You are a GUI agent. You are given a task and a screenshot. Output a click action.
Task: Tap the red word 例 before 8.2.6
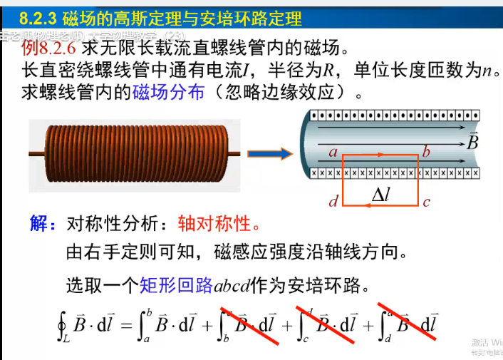point(29,48)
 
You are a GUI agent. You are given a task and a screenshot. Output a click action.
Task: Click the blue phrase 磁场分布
point(168,93)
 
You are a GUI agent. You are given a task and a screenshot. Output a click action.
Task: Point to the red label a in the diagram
point(332,151)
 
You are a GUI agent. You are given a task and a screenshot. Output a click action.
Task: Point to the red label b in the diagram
point(426,151)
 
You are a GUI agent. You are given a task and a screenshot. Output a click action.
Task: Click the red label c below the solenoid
point(426,202)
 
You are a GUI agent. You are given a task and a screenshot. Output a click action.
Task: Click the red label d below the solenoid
point(333,202)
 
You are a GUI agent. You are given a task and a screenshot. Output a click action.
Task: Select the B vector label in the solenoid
point(472,141)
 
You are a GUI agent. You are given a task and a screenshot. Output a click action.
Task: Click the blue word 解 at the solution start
point(39,224)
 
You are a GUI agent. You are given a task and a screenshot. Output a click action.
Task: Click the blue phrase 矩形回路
point(177,286)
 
